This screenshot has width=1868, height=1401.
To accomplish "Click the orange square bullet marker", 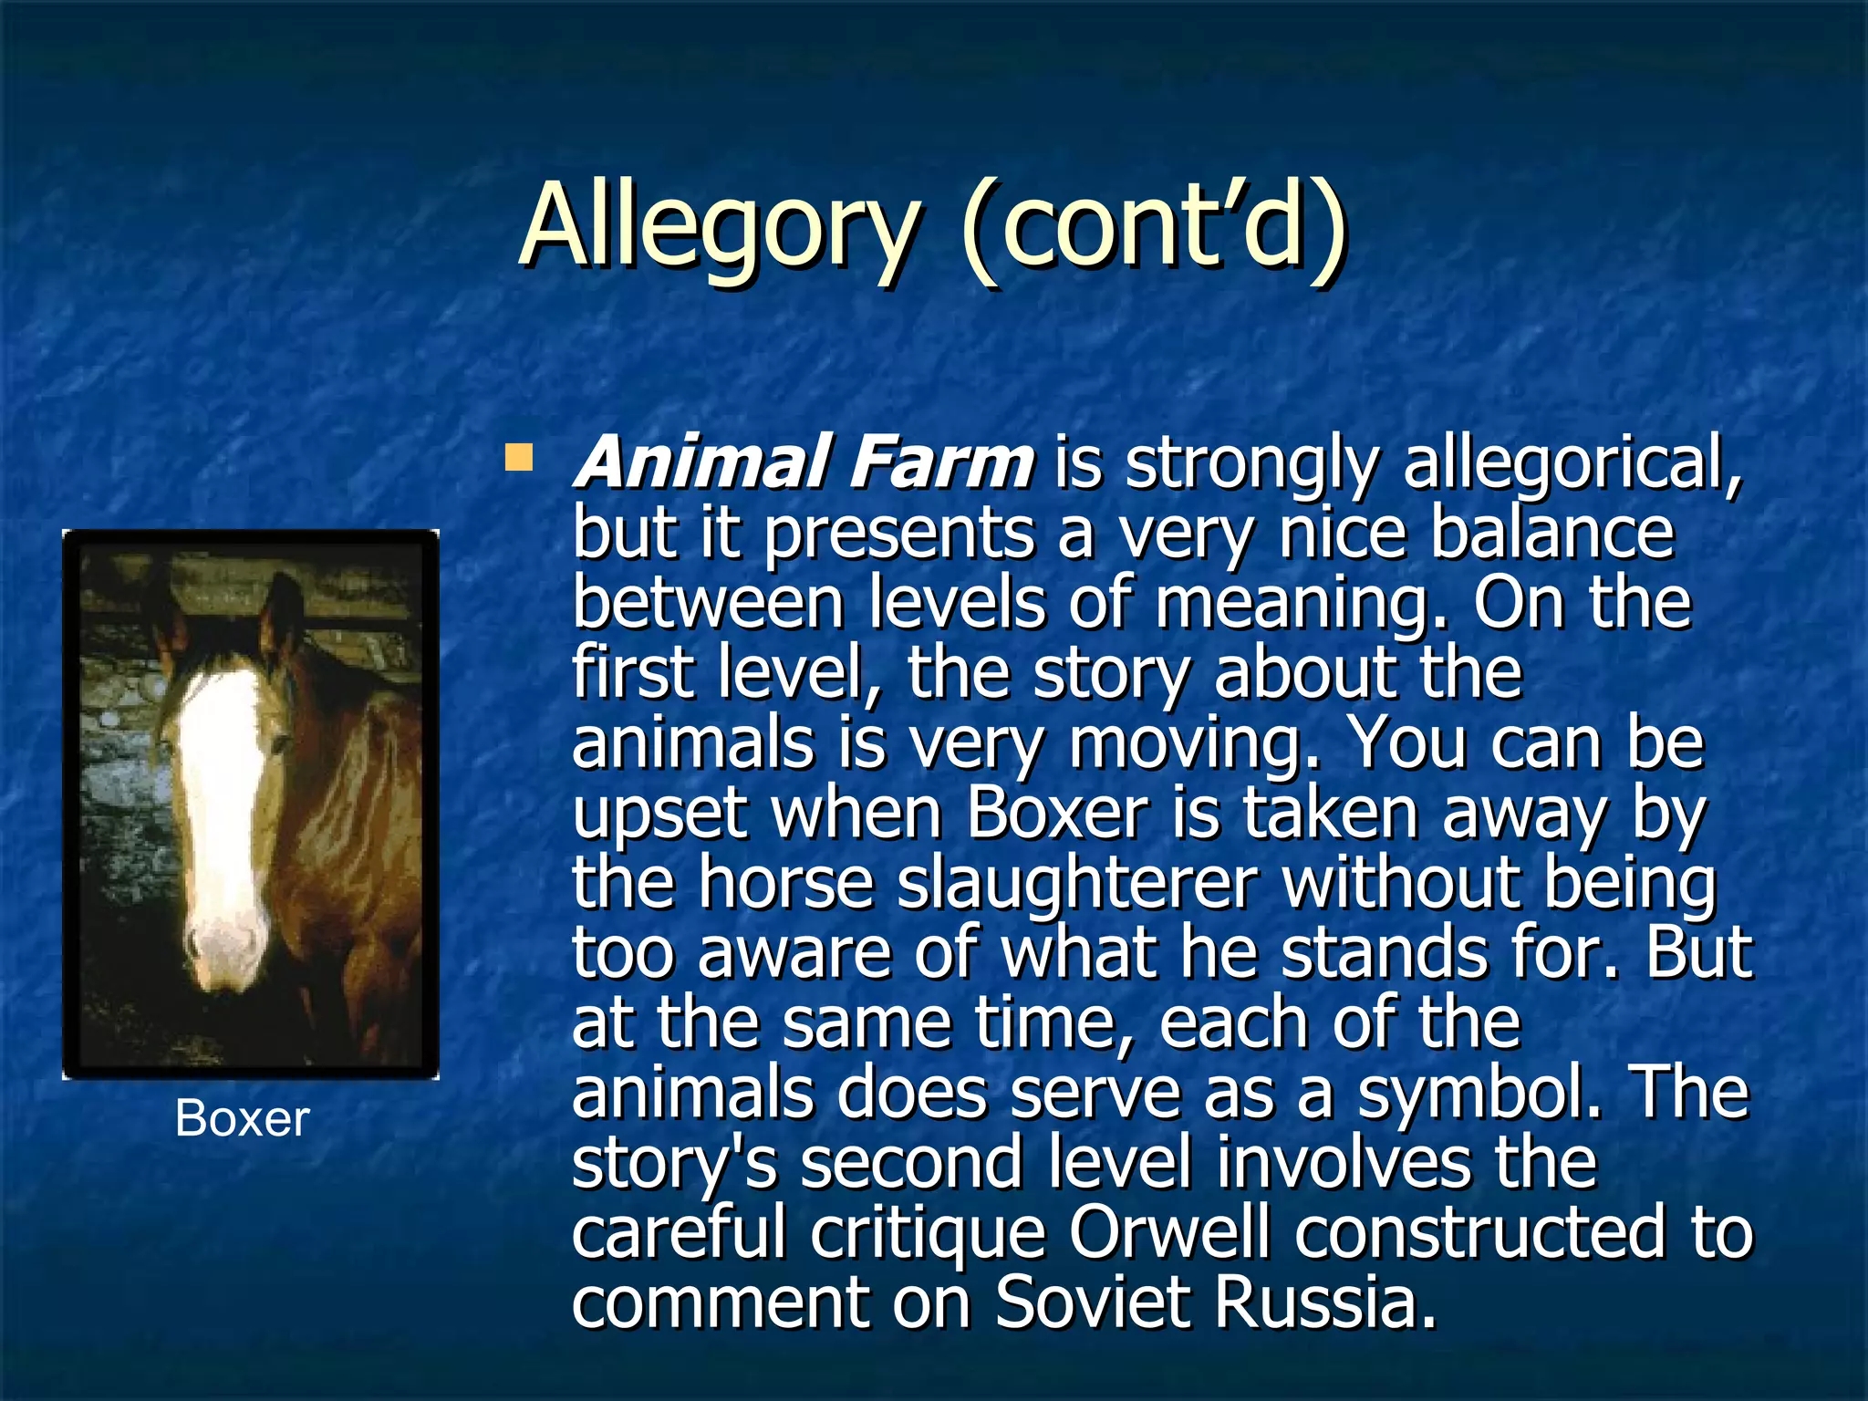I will [x=519, y=457].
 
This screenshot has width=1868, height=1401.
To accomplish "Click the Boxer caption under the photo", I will [x=242, y=1118].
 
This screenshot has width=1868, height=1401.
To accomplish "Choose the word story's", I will [x=675, y=1164].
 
